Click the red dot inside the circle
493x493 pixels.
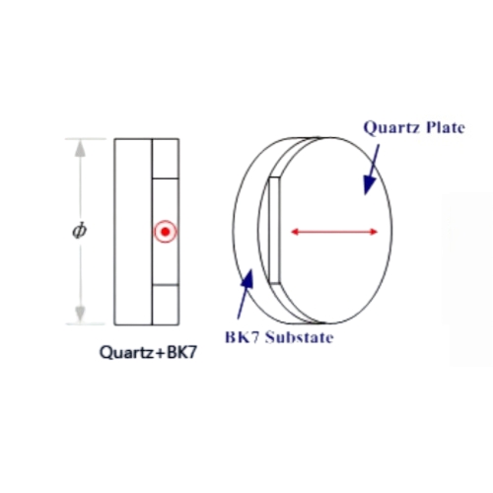pos(166,232)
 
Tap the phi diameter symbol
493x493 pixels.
pos(80,231)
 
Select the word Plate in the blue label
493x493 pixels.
pos(446,127)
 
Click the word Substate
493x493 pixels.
pos(300,337)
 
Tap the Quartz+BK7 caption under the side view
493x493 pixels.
pos(148,353)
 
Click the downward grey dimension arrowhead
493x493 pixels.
pos(80,315)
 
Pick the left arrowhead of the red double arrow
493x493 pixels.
pos(295,232)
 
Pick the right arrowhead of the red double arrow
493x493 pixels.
pos(374,232)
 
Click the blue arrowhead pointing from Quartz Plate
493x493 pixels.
pos(369,184)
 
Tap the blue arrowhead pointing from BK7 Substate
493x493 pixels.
pos(248,279)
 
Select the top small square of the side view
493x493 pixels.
pos(166,159)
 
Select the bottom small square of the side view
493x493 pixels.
pos(166,305)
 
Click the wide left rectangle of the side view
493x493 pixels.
pos(133,232)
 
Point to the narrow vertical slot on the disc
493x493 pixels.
pos(274,231)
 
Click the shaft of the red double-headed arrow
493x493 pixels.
pos(334,232)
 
